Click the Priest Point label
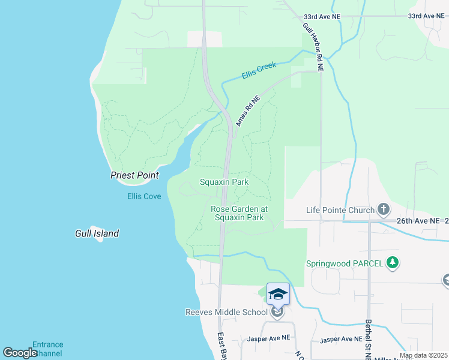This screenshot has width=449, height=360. tap(135, 175)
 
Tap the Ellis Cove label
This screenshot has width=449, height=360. tap(144, 196)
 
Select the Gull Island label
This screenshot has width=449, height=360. tap(97, 233)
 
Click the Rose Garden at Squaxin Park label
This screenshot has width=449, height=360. tap(239, 213)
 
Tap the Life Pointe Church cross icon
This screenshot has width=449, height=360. tap(384, 209)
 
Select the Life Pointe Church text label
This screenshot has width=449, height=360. tap(339, 210)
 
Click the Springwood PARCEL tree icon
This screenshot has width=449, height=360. tap(393, 262)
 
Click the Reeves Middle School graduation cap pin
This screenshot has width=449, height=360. tap(278, 294)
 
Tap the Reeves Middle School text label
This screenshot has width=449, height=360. tap(226, 312)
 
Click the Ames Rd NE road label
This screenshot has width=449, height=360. tap(247, 111)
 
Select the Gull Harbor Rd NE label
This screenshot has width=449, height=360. tap(313, 47)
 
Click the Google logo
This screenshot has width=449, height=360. tap(20, 353)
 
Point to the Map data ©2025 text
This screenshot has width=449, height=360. tap(423, 355)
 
